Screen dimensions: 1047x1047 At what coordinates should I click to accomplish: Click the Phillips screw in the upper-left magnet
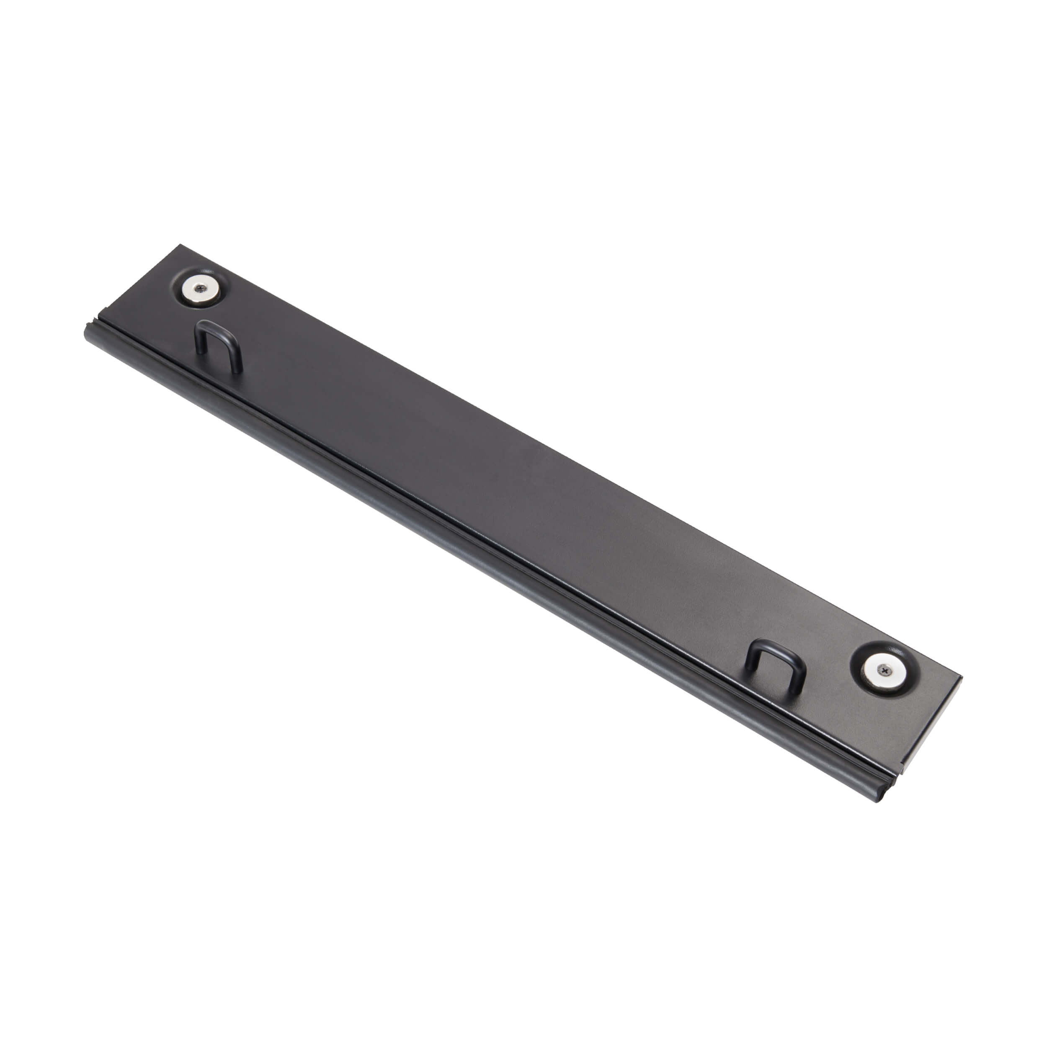(x=201, y=289)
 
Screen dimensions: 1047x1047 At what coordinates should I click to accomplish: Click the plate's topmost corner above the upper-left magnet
(x=181, y=245)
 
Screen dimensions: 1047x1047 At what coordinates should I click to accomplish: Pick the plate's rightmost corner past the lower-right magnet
(x=961, y=677)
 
